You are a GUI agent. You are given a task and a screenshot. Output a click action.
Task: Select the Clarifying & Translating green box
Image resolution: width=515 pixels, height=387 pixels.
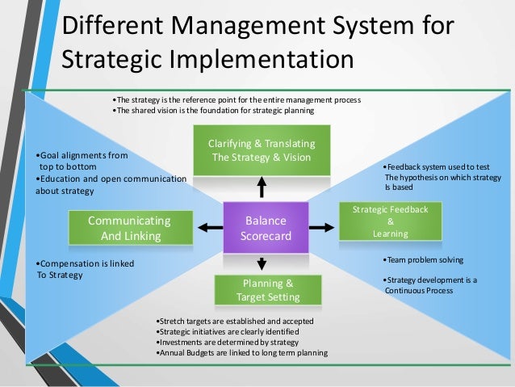pyautogui.click(x=262, y=150)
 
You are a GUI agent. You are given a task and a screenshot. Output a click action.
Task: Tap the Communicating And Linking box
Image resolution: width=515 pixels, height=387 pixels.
pyautogui.click(x=129, y=228)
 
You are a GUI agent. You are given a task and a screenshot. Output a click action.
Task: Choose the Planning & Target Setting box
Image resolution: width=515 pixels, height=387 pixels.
pyautogui.click(x=267, y=290)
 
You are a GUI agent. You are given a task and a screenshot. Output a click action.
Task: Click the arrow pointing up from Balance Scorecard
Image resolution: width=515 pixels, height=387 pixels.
pyautogui.click(x=262, y=187)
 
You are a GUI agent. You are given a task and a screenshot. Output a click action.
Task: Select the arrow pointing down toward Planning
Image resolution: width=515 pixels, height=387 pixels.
pyautogui.click(x=262, y=263)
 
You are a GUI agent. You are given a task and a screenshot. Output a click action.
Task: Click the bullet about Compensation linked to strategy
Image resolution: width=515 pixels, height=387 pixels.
pyautogui.click(x=86, y=269)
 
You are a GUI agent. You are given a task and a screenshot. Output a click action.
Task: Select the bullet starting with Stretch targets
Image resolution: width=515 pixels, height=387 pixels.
pyautogui.click(x=232, y=322)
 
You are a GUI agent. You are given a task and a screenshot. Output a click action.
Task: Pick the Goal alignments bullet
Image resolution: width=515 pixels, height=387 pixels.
pyautogui.click(x=82, y=159)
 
